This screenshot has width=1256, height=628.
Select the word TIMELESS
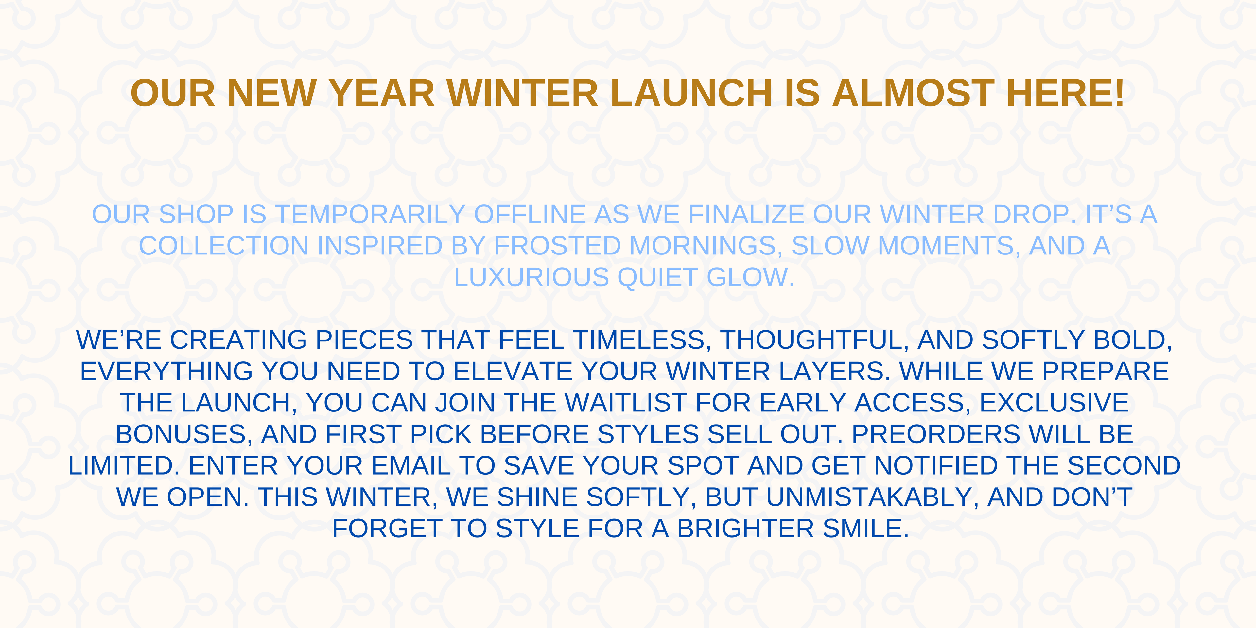coord(638,340)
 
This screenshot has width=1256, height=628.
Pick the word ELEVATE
coord(513,372)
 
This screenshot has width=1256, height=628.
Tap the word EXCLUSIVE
coord(1054,403)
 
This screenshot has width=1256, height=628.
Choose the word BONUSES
coord(181,434)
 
